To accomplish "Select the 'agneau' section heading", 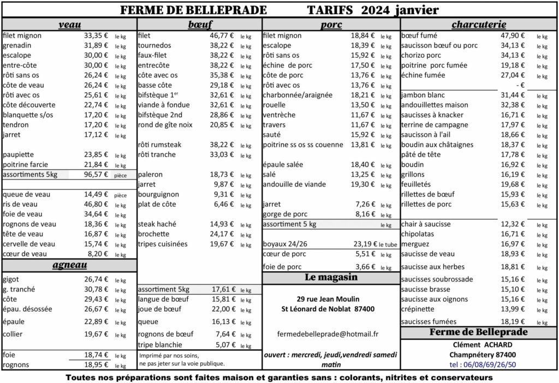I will [x=69, y=266].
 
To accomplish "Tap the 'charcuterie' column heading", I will [x=479, y=25].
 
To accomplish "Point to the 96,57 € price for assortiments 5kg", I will [x=96, y=175].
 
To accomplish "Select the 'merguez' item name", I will [x=415, y=244].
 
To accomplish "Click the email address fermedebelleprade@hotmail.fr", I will [x=328, y=333].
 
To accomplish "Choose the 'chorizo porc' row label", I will [x=421, y=55].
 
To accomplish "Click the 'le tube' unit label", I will [x=388, y=244].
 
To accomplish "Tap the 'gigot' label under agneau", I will [x=11, y=279].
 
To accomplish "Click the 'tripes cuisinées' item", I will [x=163, y=244].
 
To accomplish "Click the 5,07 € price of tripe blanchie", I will [x=224, y=345].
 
